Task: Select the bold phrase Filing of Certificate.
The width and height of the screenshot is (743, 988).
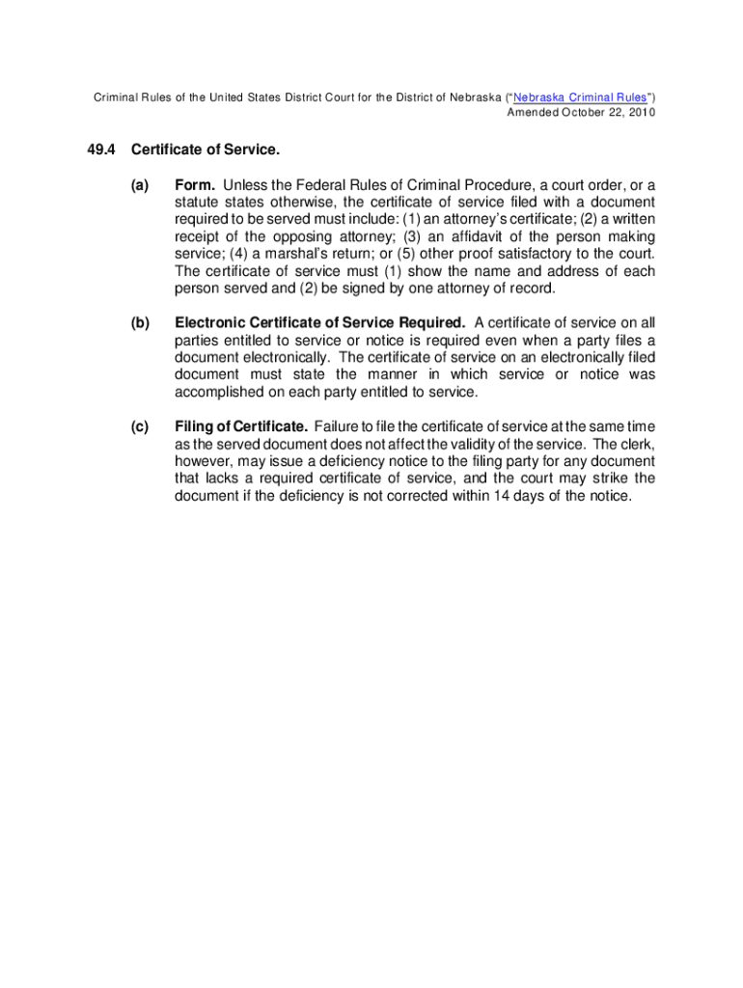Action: point(241,426)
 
